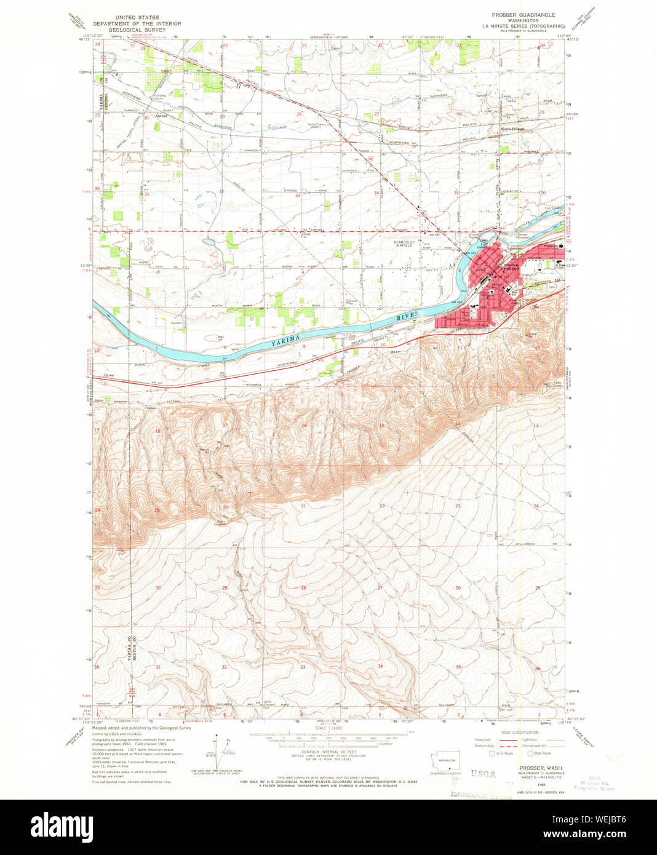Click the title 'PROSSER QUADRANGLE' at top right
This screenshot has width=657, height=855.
click(x=523, y=14)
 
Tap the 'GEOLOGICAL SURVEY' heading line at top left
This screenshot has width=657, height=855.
click(x=137, y=30)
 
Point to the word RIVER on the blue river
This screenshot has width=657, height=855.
click(x=408, y=316)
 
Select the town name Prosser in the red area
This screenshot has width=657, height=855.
click(x=509, y=269)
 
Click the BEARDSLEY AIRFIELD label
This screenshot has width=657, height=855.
click(x=404, y=245)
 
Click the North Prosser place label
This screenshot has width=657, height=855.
click(x=512, y=129)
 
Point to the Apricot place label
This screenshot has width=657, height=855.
click(x=162, y=115)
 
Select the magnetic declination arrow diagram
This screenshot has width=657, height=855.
click(x=220, y=751)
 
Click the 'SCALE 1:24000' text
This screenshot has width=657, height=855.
click(x=328, y=728)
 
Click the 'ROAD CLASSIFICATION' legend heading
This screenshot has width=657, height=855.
click(x=520, y=733)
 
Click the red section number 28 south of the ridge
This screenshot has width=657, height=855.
click(x=303, y=588)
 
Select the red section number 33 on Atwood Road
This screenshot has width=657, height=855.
click(x=298, y=196)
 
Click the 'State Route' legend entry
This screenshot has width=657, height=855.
click(x=542, y=753)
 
